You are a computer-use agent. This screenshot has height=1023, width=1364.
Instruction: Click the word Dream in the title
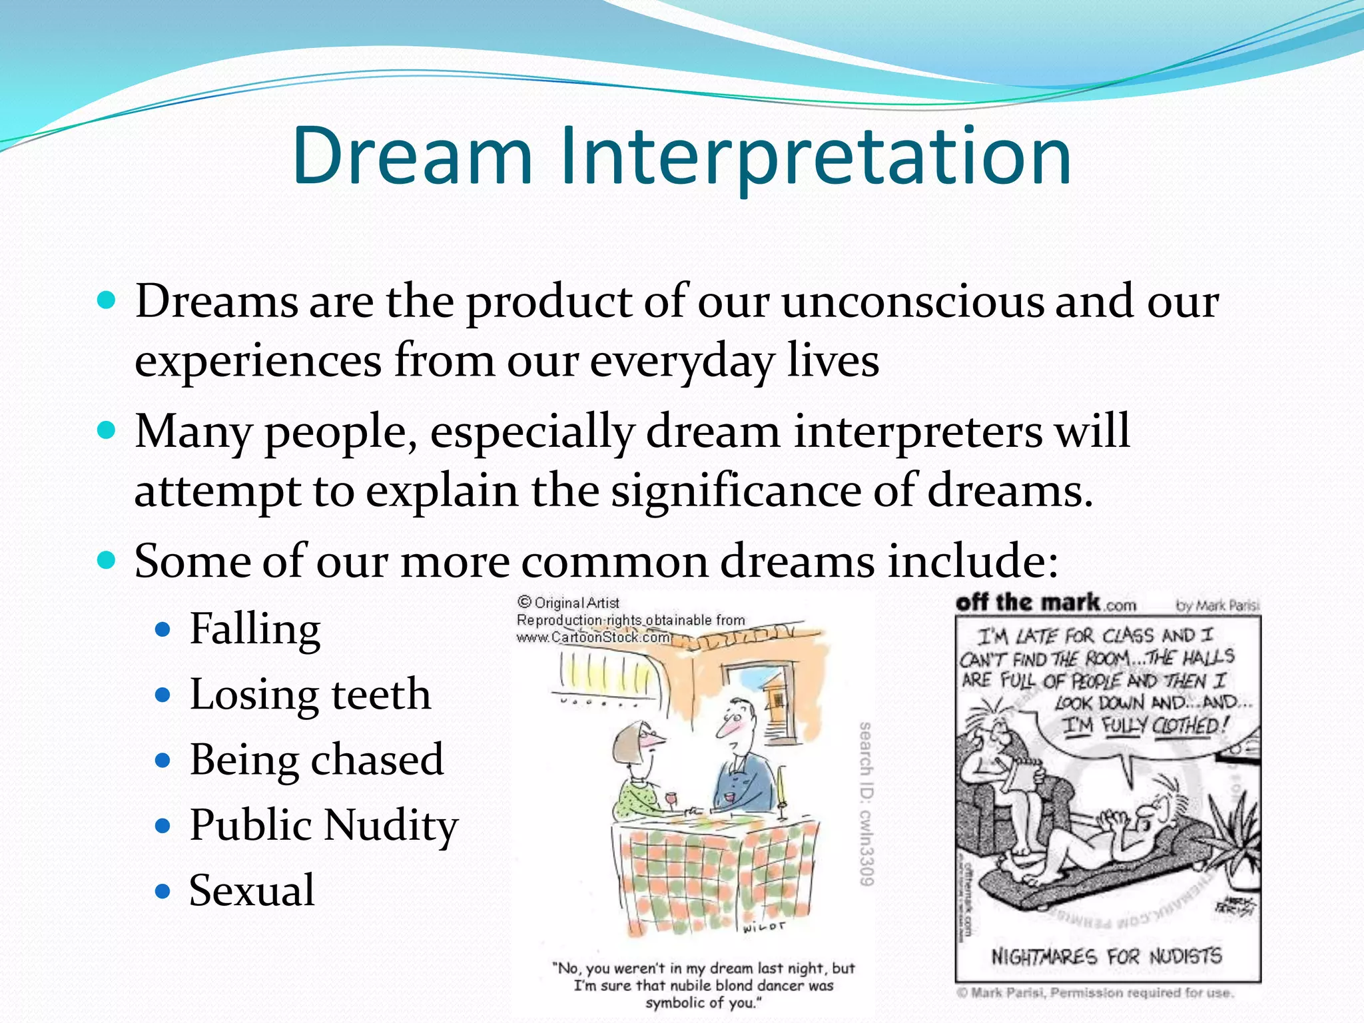click(x=413, y=157)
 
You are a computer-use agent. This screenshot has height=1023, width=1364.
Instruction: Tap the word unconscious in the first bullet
click(x=912, y=302)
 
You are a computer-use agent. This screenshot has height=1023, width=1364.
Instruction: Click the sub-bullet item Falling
click(x=255, y=629)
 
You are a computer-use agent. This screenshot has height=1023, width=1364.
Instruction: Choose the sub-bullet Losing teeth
click(x=310, y=695)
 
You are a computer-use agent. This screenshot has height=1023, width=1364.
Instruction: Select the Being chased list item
click(x=316, y=760)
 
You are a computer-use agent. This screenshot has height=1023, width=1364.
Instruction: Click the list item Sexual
click(x=252, y=890)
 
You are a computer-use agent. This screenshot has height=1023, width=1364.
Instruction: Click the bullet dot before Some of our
click(x=107, y=560)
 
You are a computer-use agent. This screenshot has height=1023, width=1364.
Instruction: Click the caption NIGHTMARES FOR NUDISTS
click(x=1106, y=957)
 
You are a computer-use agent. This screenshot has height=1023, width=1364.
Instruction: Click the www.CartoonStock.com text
click(x=593, y=637)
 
